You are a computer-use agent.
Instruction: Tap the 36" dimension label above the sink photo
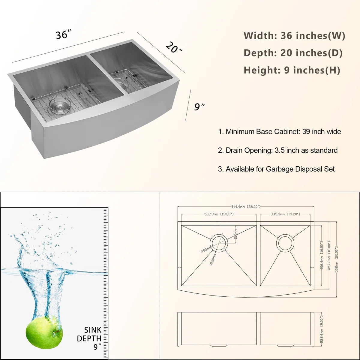(63, 35)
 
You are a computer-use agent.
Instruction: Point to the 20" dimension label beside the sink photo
(174, 47)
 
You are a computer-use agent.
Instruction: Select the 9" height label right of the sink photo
(199, 106)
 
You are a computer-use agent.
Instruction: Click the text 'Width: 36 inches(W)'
(294, 36)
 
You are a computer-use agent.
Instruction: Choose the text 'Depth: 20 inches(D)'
(293, 53)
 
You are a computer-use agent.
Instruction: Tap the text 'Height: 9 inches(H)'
(292, 70)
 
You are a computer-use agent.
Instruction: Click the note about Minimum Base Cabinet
(279, 132)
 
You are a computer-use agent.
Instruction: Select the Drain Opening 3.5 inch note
(277, 150)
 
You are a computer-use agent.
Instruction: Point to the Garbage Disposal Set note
(276, 169)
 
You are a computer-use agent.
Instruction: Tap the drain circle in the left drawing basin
(219, 243)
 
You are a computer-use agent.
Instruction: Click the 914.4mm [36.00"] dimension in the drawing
(246, 207)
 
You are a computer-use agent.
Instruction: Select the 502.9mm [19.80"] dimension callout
(219, 214)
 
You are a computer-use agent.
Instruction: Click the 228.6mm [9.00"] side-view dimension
(321, 329)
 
